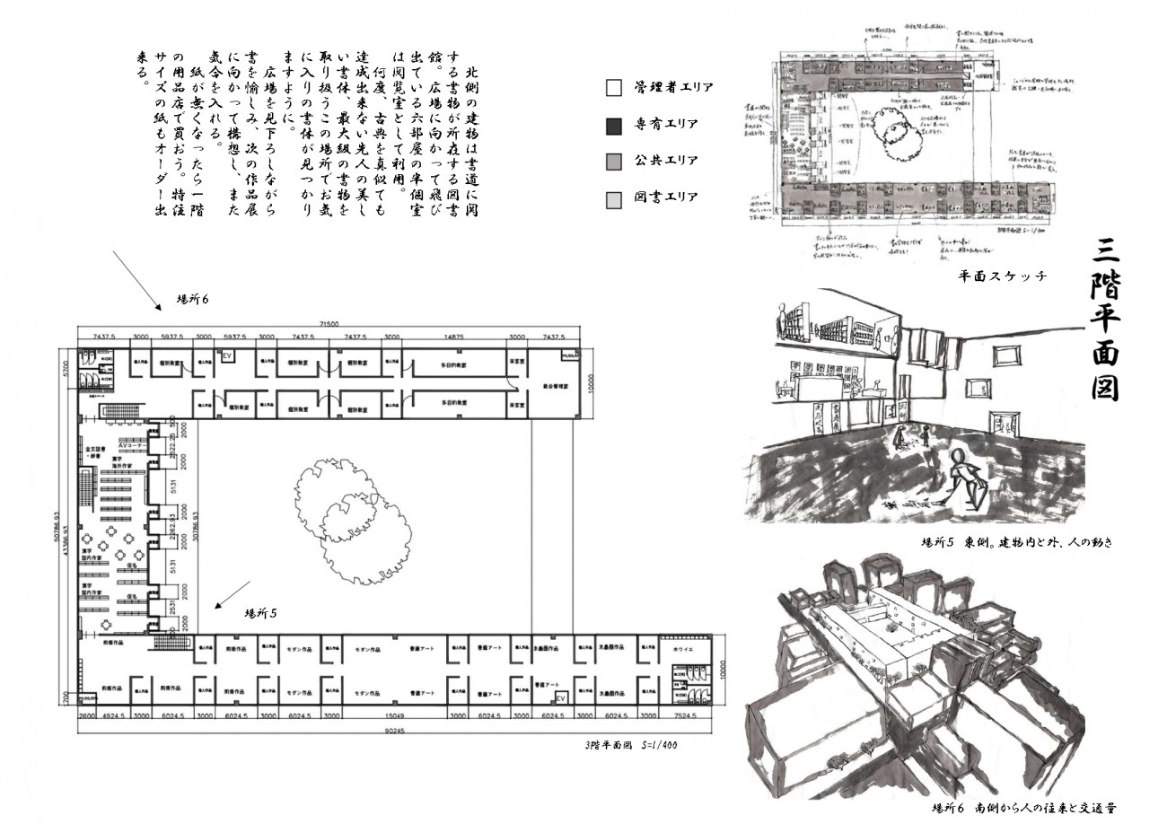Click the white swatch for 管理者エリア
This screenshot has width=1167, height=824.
(x=615, y=88)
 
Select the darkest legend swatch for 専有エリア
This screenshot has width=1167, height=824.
(x=615, y=125)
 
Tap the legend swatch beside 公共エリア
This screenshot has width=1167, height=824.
(x=615, y=162)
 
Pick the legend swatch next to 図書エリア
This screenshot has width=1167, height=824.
(x=615, y=198)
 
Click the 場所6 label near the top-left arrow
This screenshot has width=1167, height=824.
(x=192, y=299)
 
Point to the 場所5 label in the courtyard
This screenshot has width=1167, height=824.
(x=260, y=613)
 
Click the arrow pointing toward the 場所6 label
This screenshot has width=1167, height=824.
(x=136, y=280)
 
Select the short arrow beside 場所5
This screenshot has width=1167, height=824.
(x=233, y=594)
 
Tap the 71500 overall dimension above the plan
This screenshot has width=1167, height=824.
(x=332, y=323)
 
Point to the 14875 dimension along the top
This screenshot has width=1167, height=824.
(x=454, y=337)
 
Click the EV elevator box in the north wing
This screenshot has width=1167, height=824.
(x=227, y=356)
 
